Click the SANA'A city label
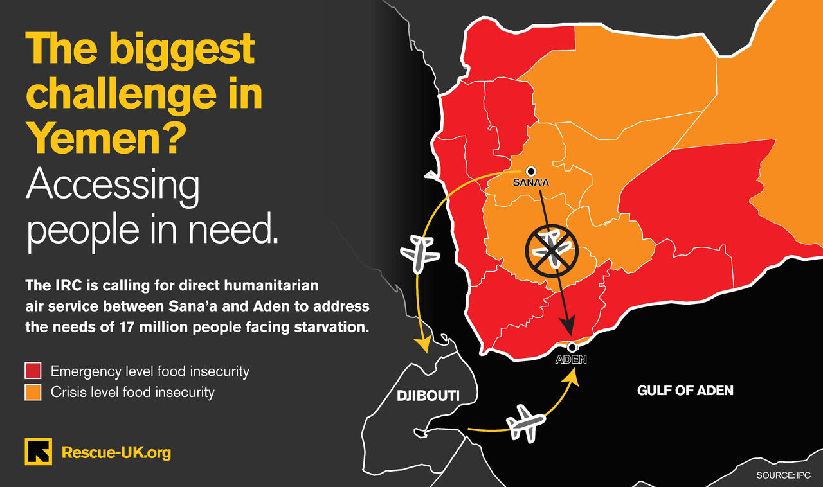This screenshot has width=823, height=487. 531,182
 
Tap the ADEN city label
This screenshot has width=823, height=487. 571,360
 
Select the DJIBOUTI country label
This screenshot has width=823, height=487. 428,396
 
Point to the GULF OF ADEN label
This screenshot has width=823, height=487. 685,390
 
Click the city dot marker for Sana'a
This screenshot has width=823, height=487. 531,171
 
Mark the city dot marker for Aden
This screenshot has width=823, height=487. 572,348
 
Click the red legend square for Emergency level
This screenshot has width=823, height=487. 33,371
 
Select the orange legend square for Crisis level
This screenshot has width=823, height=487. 33,391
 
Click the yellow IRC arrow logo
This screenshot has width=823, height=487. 39,452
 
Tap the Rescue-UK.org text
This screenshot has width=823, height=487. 116,452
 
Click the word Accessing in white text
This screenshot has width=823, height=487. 113,186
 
